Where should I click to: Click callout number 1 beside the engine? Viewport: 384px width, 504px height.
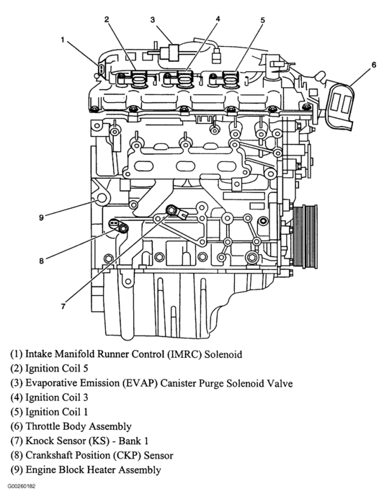coord(63,40)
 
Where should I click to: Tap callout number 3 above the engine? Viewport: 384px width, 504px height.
coord(153,19)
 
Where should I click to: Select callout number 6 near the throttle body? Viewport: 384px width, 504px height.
coord(374,65)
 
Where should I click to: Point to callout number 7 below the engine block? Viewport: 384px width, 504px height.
coord(63,306)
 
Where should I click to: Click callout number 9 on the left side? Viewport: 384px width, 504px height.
coord(41,217)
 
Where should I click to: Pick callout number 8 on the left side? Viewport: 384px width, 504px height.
coord(41,261)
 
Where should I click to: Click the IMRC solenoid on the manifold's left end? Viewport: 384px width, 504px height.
coord(101,69)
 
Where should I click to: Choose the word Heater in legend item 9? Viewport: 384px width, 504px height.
coord(101,470)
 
